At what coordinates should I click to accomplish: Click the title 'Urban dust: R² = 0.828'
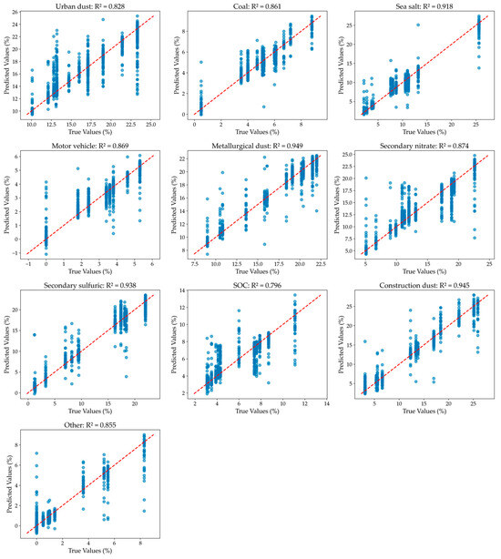pos(89,6)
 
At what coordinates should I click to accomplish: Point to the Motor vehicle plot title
pos(89,146)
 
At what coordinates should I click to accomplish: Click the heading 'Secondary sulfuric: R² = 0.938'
pos(89,285)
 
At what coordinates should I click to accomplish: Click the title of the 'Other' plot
pos(89,424)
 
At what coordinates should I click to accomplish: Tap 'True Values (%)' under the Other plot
pos(89,550)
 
